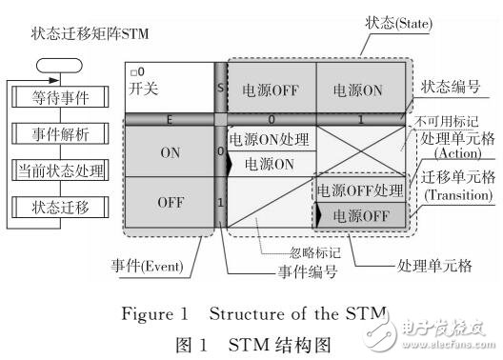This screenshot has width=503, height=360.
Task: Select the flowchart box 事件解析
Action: (x=60, y=133)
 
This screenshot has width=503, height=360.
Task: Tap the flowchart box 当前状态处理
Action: (x=60, y=171)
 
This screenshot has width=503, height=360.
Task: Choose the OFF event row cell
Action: (x=171, y=202)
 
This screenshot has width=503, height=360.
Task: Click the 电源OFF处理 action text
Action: (x=361, y=189)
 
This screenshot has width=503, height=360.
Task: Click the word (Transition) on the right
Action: (x=451, y=196)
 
